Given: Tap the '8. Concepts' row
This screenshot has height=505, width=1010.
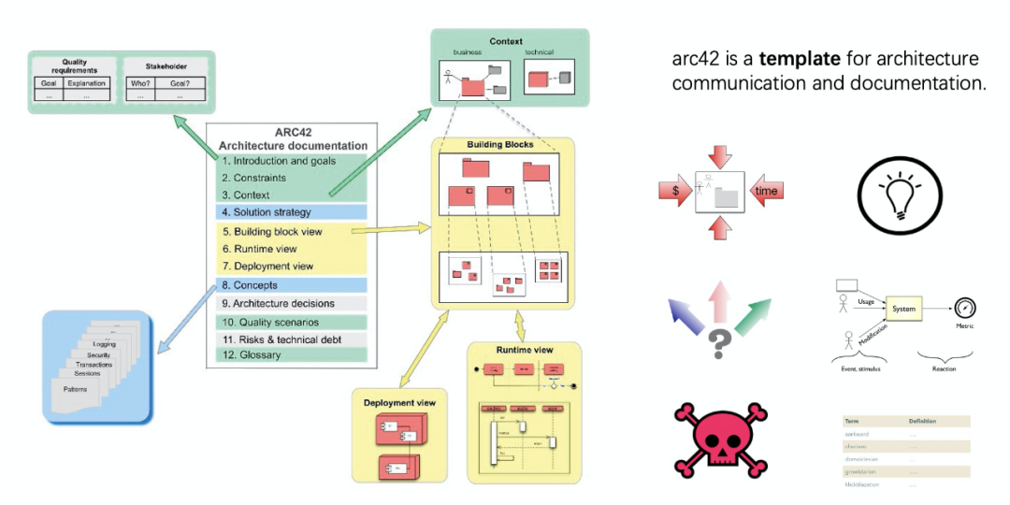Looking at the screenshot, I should [257, 284].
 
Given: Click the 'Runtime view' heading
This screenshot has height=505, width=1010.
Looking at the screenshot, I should [525, 350].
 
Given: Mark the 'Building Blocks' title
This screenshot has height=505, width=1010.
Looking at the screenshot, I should [499, 145].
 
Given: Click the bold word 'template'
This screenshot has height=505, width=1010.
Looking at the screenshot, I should [800, 59].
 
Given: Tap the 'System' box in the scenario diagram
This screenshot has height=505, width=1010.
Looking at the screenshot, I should [904, 309].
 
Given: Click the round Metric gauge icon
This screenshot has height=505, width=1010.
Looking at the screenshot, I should [965, 309].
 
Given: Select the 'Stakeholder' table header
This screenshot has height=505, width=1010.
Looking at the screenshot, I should [166, 67].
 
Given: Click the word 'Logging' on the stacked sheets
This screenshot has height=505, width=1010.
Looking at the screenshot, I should [105, 344].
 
